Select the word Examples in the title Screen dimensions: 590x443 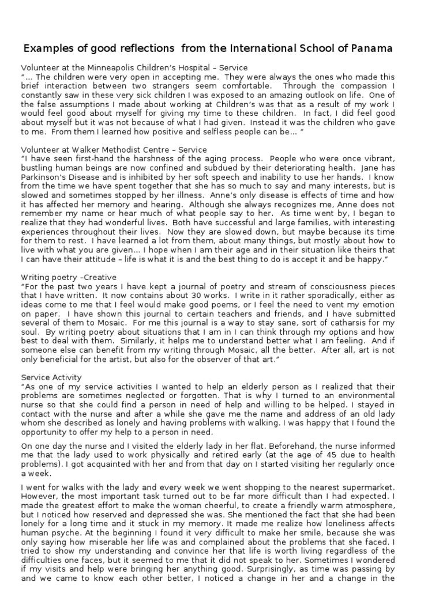(46, 48)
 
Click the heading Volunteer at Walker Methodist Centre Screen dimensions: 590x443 (114, 149)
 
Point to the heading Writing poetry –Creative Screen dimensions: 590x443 (69, 277)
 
